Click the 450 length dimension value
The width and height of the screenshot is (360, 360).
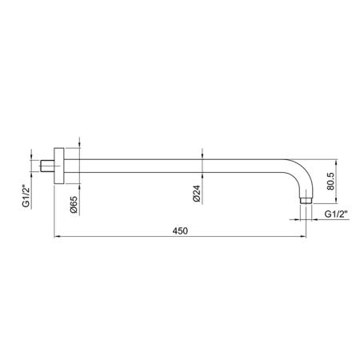pos(180,230)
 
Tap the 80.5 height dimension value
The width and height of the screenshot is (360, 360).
pos(330,182)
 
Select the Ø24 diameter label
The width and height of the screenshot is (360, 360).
pos(197,194)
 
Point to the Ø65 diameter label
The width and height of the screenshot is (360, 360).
pos(74,205)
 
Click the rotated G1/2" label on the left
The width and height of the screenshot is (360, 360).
pos(26,196)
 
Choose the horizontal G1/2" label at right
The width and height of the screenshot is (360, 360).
pos(336,214)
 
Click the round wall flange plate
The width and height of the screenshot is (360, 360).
pos(59,166)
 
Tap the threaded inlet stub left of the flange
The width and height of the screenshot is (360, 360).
pos(47,166)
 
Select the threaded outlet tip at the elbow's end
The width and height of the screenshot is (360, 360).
pos(306,201)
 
